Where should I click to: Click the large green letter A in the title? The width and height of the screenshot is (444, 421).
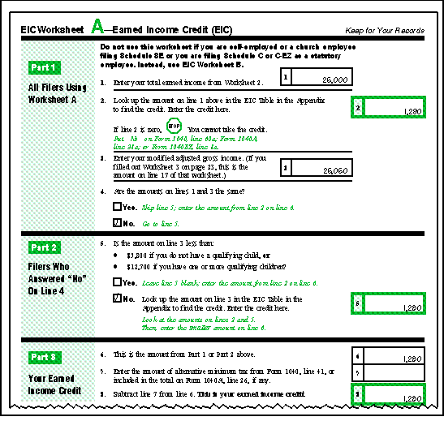[x=97, y=26]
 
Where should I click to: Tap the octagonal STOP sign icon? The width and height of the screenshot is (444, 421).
[x=173, y=127]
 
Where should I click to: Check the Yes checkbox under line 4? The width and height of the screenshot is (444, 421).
[x=119, y=207]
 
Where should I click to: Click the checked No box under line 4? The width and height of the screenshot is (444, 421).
[x=119, y=222]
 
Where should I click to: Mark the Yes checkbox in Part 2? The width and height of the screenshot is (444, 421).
[x=119, y=282]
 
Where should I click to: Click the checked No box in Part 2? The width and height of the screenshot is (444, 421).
[x=119, y=298]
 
